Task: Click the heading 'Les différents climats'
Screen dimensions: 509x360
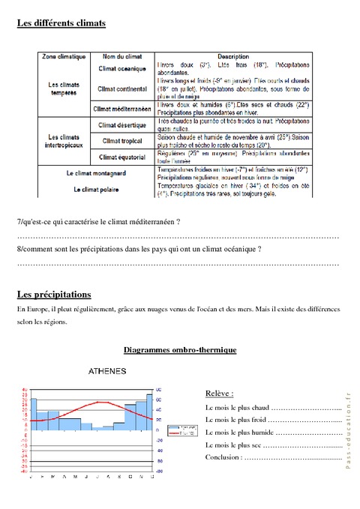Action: point(61,23)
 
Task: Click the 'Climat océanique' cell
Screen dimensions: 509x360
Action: point(121,69)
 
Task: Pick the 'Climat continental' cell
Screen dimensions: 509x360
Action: point(121,89)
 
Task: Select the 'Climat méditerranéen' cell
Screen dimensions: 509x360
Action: point(121,108)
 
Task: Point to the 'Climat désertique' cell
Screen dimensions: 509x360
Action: point(121,122)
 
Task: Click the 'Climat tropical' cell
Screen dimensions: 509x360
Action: point(121,139)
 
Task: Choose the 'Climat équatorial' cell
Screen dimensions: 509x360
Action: point(121,157)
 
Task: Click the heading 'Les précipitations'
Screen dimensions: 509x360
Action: point(53,295)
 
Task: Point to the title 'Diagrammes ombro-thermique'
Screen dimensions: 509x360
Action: point(180,349)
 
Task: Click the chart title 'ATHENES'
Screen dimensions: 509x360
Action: point(106,372)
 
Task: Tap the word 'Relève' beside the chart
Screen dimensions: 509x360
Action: point(219,393)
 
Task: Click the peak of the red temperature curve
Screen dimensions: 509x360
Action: point(91,403)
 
